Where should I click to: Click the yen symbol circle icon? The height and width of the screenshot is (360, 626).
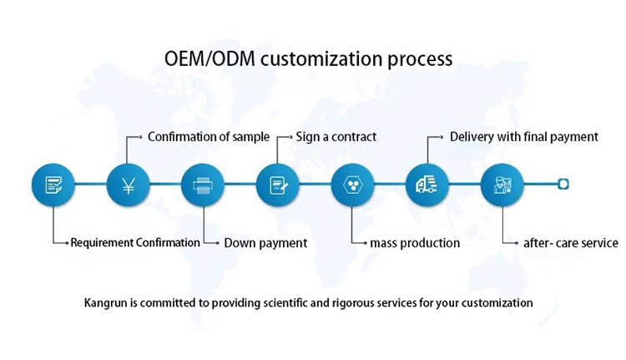[x=128, y=185]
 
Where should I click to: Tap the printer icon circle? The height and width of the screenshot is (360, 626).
[x=203, y=185]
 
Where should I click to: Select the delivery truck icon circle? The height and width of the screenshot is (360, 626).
[x=427, y=185]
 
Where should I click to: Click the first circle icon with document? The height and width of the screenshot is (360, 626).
[x=53, y=185]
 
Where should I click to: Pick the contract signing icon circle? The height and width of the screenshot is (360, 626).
[x=277, y=185]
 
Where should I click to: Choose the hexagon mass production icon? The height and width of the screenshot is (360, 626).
[x=352, y=185]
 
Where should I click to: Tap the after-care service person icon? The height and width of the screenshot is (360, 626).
[x=502, y=185]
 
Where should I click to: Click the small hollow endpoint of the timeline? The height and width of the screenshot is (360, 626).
[x=563, y=185]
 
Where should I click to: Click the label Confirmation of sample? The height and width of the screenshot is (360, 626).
[x=209, y=136]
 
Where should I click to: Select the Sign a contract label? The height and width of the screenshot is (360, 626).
[x=336, y=136]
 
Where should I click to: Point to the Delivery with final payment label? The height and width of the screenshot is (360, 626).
[x=524, y=136]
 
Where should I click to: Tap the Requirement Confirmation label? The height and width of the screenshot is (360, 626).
[x=135, y=243]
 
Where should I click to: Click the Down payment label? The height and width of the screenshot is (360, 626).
[x=265, y=243]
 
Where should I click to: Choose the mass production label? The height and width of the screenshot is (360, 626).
[x=415, y=243]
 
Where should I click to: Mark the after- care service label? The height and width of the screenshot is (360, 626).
[x=571, y=243]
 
